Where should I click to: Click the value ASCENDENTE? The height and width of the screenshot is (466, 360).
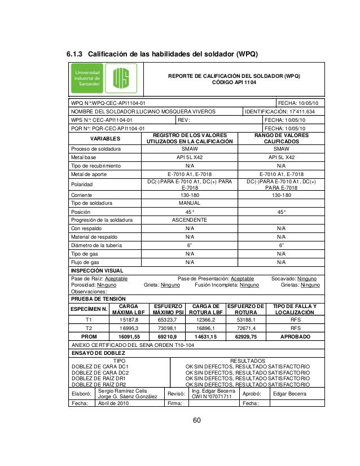tap(190, 219)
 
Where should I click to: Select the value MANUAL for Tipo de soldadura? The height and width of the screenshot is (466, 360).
tap(190, 203)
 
